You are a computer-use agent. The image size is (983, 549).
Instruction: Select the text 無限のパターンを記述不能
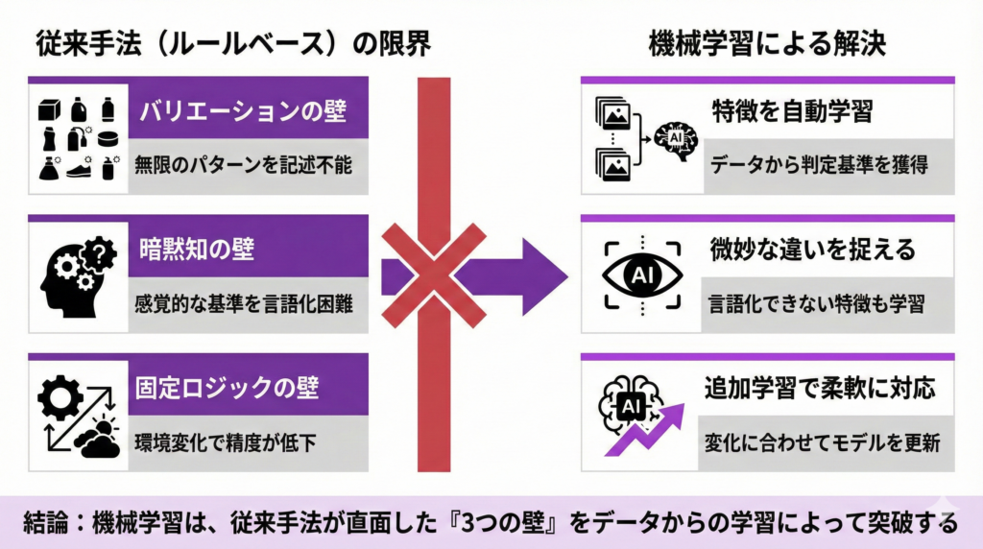244,164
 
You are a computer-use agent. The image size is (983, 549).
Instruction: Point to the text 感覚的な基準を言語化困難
244,304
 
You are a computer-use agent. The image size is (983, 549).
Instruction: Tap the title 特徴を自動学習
792,111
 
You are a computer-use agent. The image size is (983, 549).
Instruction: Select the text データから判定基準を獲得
819,164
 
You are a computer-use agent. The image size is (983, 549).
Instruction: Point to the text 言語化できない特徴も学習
817,304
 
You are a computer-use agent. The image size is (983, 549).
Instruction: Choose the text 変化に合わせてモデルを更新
819,443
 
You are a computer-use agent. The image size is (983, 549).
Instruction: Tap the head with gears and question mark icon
78,274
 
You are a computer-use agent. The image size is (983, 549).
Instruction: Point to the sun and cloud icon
102,437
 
